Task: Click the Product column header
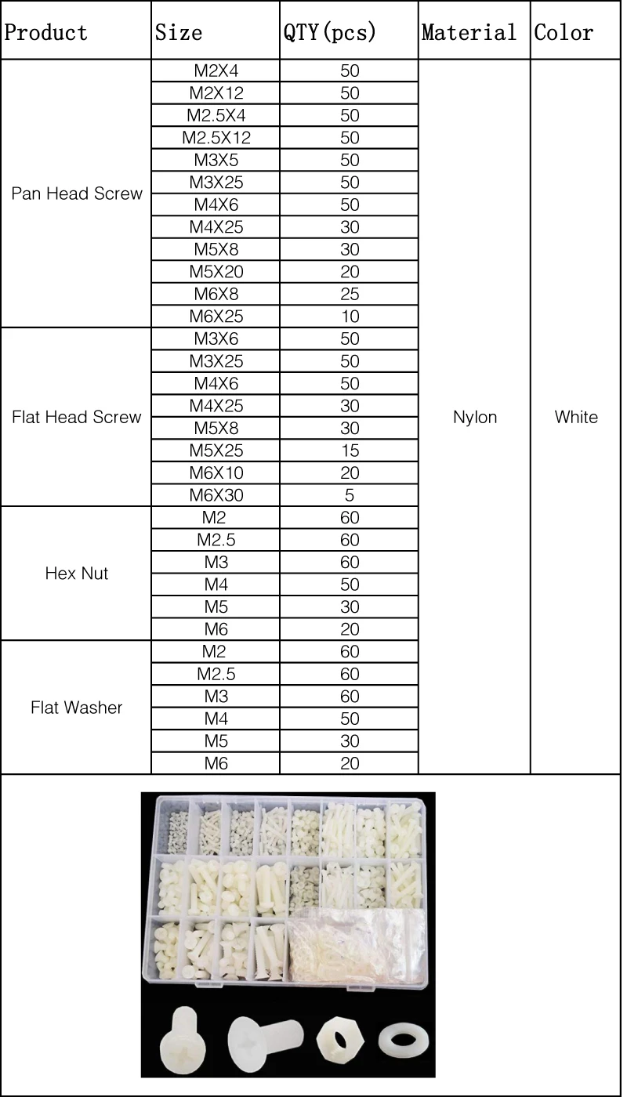point(46,33)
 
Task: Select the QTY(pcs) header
point(330,33)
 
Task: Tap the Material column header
point(469,33)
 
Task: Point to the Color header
point(564,33)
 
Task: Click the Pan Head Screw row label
point(77,194)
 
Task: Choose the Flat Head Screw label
point(77,417)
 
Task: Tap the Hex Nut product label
point(77,574)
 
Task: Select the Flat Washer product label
point(77,708)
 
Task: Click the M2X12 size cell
point(216,93)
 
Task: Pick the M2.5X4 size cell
point(216,115)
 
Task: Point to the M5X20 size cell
point(216,272)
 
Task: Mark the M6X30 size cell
point(216,495)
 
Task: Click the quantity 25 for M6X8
point(350,295)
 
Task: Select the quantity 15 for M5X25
point(350,451)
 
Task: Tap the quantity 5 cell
point(350,495)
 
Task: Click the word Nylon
point(475,417)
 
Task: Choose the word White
point(576,417)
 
